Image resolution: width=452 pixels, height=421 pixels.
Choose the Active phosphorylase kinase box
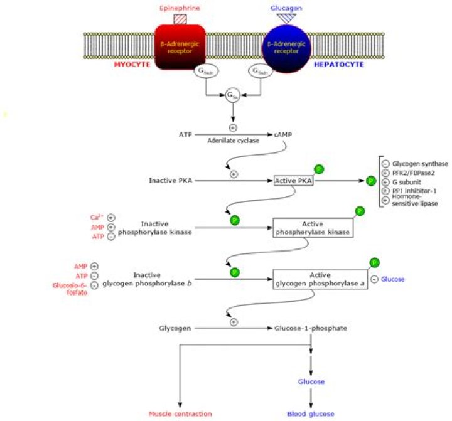point(312,228)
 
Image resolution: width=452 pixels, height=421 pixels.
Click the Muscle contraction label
point(180,413)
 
